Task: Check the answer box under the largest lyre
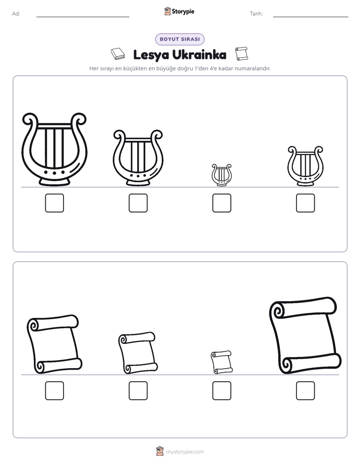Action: (x=54, y=203)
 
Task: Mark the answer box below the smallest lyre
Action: (x=221, y=203)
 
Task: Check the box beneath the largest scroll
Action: (x=306, y=390)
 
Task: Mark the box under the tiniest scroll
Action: (x=221, y=390)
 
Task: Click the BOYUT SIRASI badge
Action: (x=179, y=39)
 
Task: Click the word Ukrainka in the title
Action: (x=199, y=54)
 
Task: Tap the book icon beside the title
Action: (x=118, y=54)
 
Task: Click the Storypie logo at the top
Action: (x=179, y=12)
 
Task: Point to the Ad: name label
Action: (x=16, y=14)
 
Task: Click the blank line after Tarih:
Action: (x=311, y=17)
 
